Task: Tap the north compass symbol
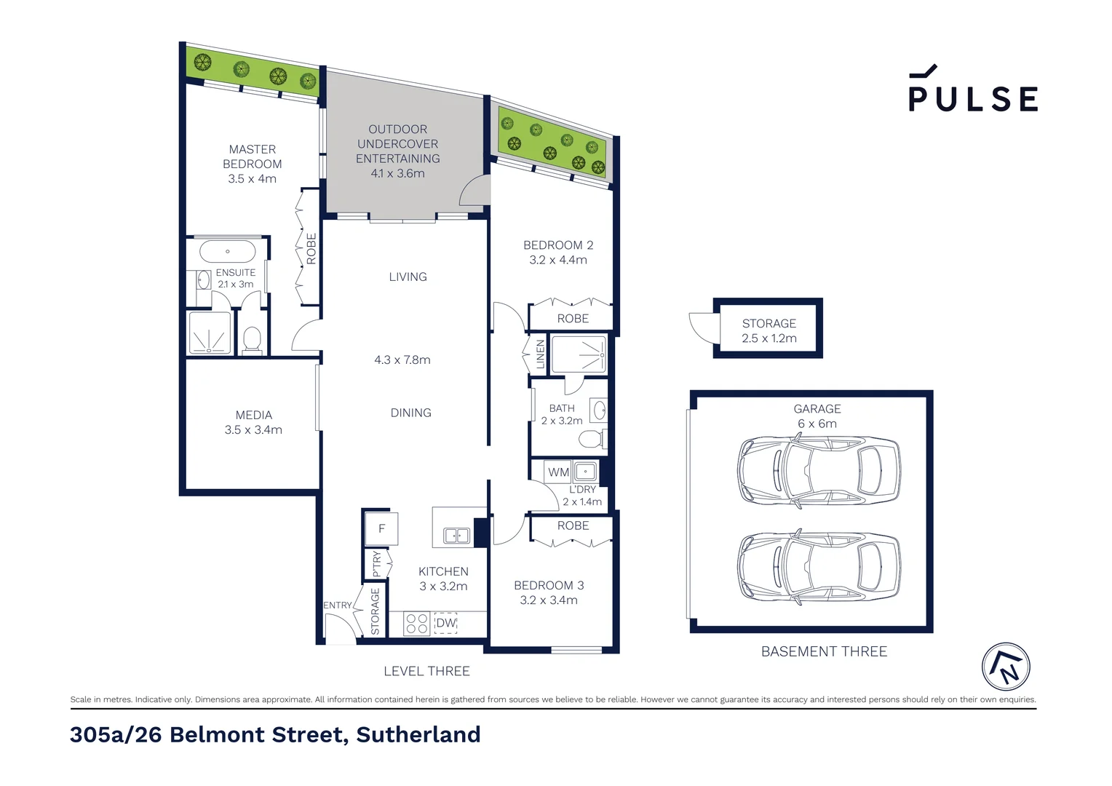pyautogui.click(x=1006, y=666)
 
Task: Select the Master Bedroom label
pyautogui.click(x=252, y=156)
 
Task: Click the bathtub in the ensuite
pyautogui.click(x=228, y=252)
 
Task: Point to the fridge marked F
pyautogui.click(x=381, y=529)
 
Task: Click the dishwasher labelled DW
pyautogui.click(x=445, y=623)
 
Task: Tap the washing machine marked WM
pyautogui.click(x=558, y=472)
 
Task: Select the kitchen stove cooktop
pyautogui.click(x=417, y=624)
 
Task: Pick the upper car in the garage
pyautogui.click(x=819, y=472)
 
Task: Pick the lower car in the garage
pyautogui.click(x=819, y=568)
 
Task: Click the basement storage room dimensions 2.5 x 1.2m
pyautogui.click(x=769, y=338)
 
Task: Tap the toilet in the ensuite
pyautogui.click(x=252, y=340)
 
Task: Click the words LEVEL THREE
pyautogui.click(x=426, y=671)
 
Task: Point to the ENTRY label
pyautogui.click(x=337, y=606)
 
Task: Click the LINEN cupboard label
pyautogui.click(x=540, y=354)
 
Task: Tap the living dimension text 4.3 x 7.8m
pyautogui.click(x=402, y=360)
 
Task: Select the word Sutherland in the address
pyautogui.click(x=418, y=734)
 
